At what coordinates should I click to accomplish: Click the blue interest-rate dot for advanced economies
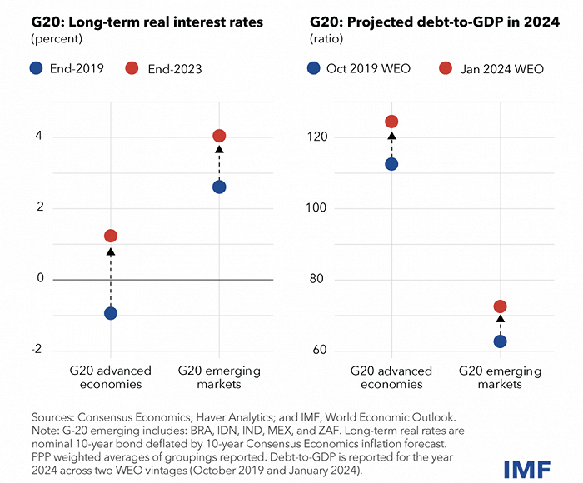click(x=110, y=313)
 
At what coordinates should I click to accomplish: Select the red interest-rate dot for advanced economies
click(x=110, y=237)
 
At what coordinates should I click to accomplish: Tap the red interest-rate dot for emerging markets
click(x=219, y=136)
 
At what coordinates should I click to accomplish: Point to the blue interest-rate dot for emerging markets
click(x=219, y=187)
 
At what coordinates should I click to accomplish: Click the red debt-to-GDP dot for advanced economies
click(x=391, y=122)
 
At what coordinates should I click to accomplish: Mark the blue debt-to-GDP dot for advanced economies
click(x=391, y=164)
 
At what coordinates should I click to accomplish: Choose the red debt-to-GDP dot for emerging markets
click(x=500, y=306)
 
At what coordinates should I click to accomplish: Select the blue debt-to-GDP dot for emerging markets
click(x=500, y=341)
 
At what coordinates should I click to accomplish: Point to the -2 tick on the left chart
click(x=36, y=350)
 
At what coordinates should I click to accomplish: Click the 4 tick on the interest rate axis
click(x=38, y=137)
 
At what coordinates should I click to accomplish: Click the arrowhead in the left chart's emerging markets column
click(x=219, y=151)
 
